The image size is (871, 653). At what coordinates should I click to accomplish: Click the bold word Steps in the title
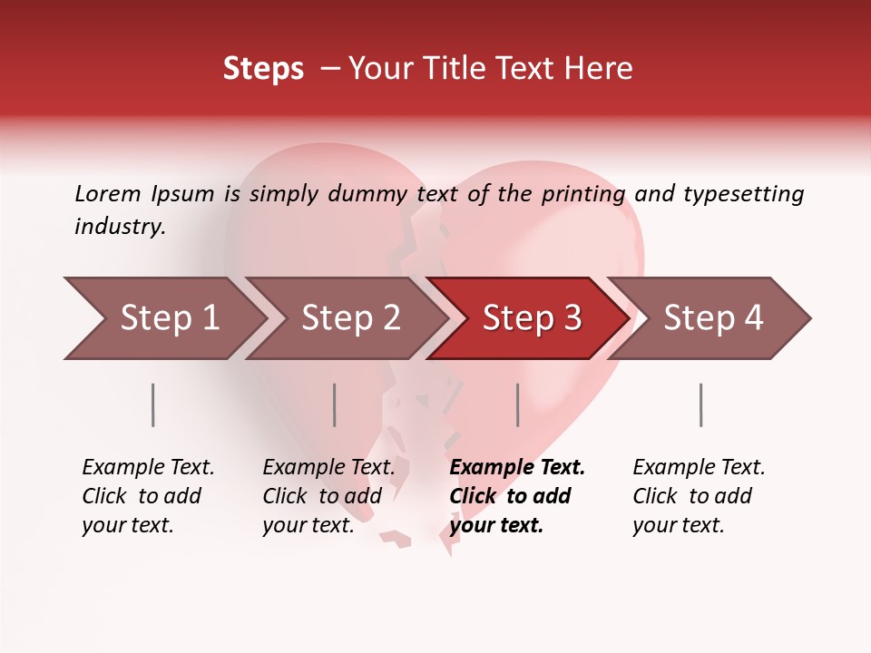[263, 69]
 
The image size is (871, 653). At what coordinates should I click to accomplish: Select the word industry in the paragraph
[119, 227]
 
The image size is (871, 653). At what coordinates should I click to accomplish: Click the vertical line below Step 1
[152, 404]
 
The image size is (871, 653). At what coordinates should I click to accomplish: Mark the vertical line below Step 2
[334, 404]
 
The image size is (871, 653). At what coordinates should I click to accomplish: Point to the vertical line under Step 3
[517, 404]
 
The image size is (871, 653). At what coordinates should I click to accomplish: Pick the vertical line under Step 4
[700, 404]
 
